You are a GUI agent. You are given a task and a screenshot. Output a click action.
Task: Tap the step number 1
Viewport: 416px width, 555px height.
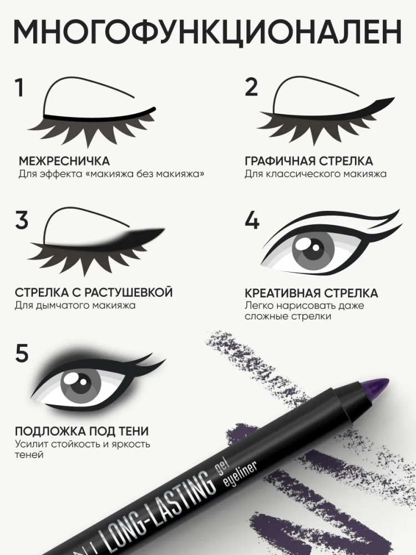[19, 88]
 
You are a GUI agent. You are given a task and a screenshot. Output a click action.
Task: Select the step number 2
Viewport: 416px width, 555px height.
[251, 87]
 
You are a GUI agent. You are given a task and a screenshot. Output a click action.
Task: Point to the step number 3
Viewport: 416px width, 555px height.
[22, 220]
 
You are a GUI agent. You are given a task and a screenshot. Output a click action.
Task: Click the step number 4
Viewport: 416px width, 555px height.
[252, 220]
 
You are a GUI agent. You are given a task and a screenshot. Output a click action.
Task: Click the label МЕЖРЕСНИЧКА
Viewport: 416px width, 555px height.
[64, 161]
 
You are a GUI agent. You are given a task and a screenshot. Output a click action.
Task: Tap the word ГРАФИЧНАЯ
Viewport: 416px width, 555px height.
[280, 161]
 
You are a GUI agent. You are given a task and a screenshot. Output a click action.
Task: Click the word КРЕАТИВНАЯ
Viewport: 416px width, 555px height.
[282, 293]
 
